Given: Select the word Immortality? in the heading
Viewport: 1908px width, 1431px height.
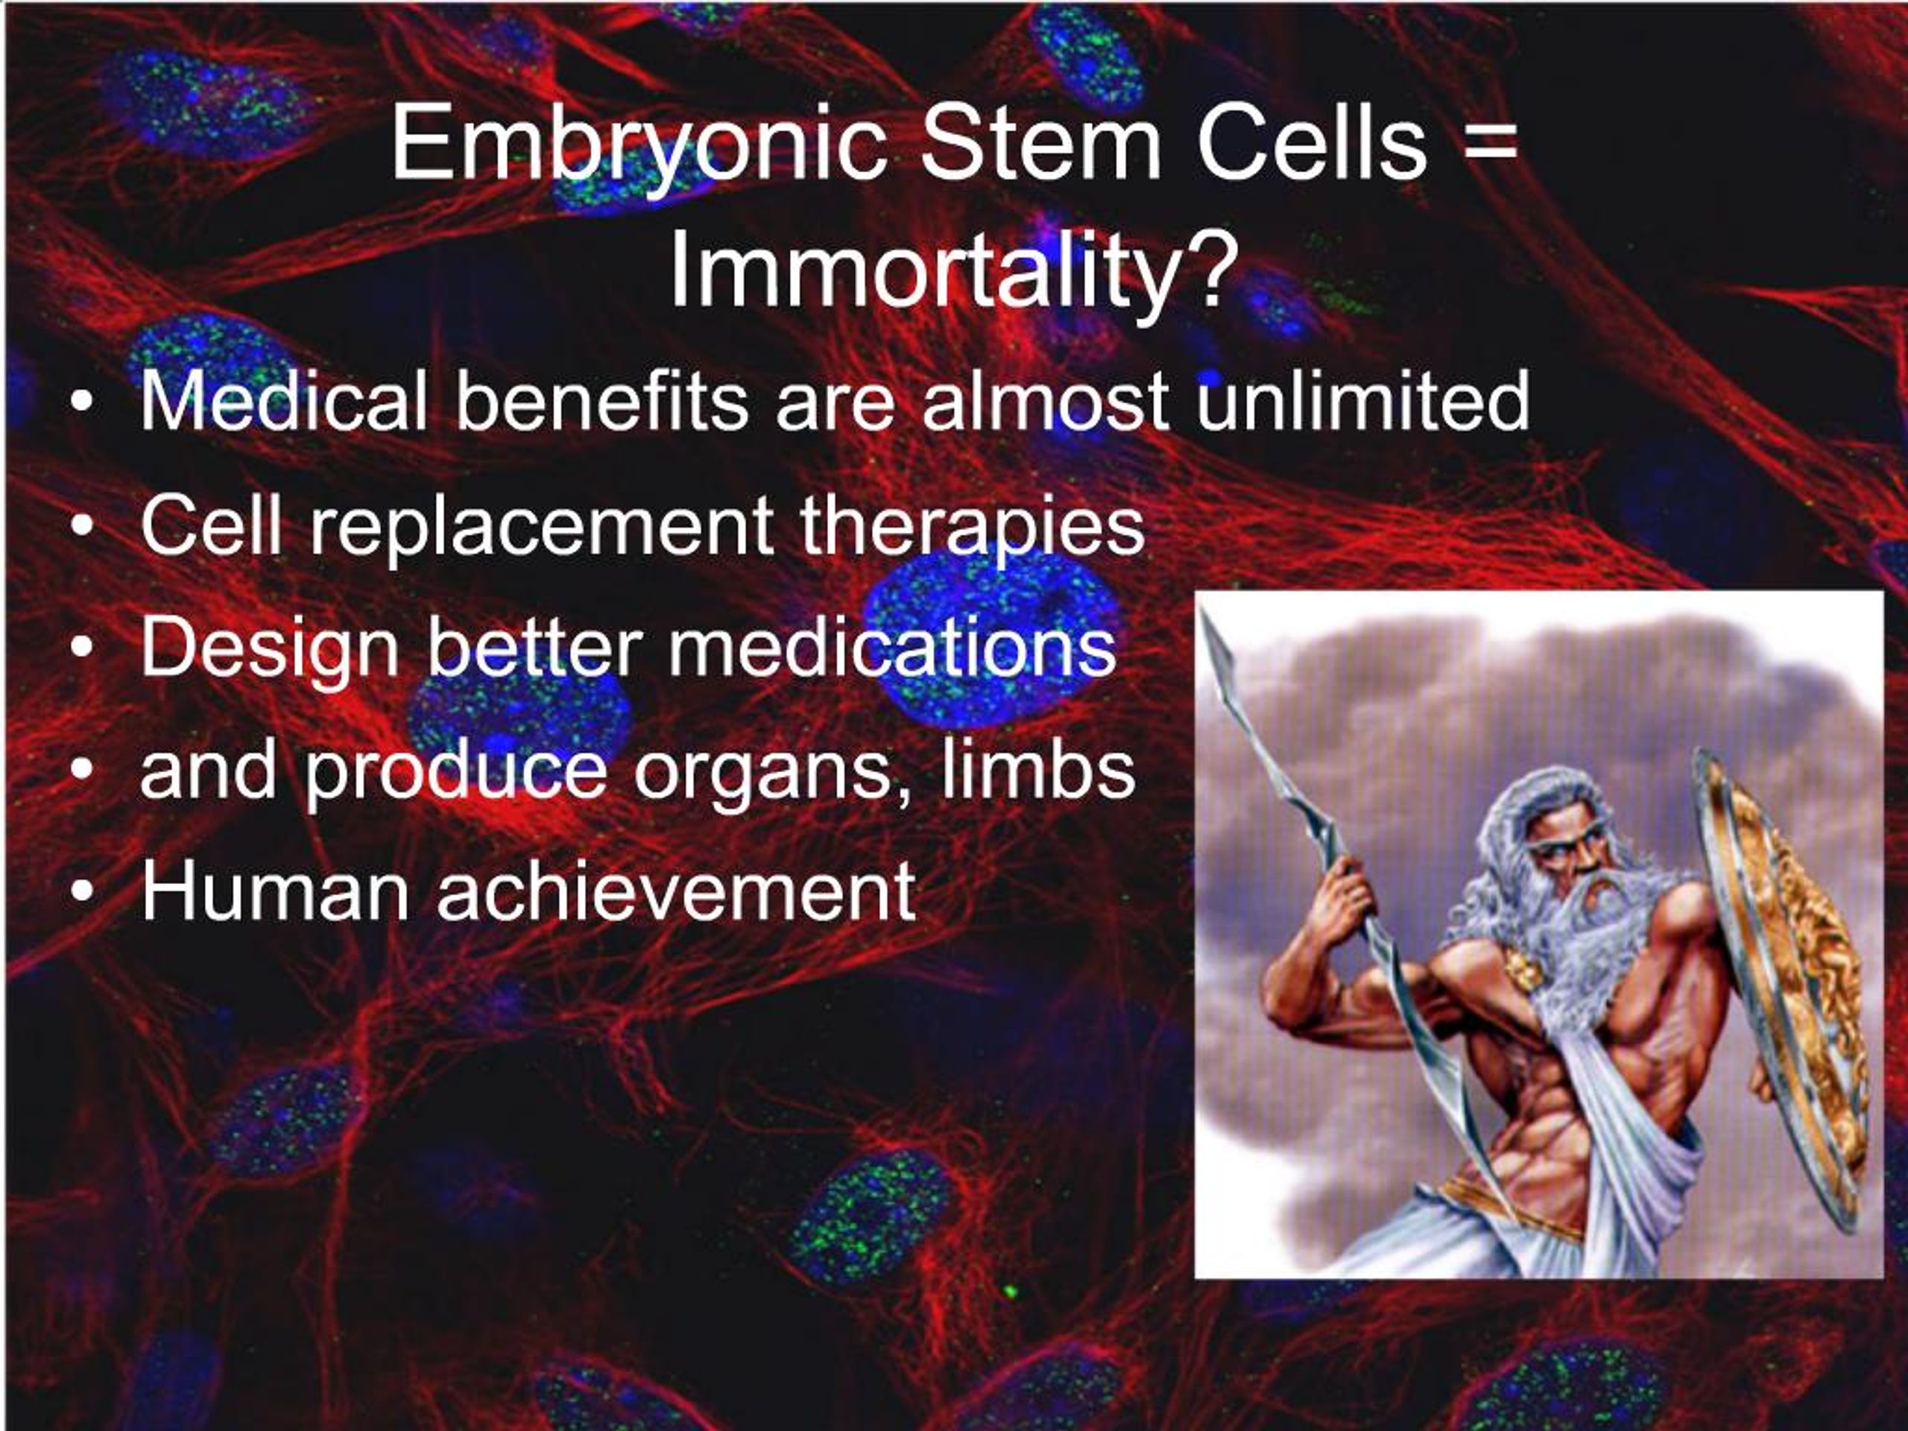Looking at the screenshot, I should click(x=954, y=273).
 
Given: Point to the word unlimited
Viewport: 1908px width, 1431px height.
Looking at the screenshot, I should click(x=1363, y=400).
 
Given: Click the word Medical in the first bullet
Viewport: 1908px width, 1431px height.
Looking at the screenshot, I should click(x=285, y=400).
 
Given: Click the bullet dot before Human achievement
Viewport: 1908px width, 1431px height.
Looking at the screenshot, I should click(x=81, y=894).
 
